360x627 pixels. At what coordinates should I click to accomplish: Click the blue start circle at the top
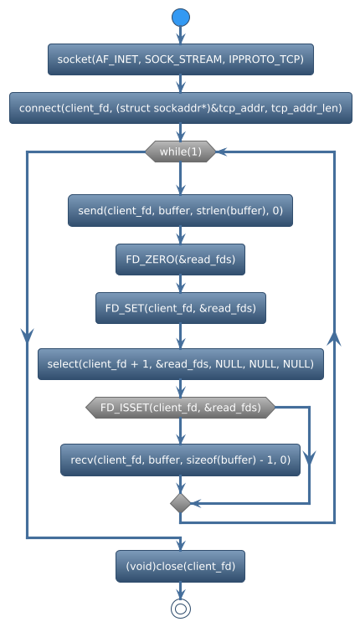point(180,18)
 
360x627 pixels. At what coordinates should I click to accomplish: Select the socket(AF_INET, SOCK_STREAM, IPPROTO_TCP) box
point(180,59)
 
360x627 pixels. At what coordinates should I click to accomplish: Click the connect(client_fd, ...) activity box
point(180,109)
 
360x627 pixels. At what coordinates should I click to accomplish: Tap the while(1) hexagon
point(180,152)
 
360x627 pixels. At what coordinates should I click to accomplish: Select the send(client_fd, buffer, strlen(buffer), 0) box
point(180,211)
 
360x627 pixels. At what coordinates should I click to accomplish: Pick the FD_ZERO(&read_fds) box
point(180,260)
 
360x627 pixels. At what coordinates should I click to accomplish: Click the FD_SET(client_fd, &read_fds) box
point(180,308)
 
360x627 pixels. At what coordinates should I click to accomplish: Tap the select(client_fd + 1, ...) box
point(180,364)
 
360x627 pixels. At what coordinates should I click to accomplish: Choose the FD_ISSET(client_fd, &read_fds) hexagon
point(180,408)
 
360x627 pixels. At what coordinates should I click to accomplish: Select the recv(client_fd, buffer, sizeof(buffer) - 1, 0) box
point(180,460)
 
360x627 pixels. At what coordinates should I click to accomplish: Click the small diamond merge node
point(180,502)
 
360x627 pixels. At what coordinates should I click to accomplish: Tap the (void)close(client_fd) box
point(180,566)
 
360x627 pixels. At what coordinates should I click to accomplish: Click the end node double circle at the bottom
point(180,609)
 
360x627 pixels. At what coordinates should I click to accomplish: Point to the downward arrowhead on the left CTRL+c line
point(27,332)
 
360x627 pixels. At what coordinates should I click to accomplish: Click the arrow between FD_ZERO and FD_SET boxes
point(180,284)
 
